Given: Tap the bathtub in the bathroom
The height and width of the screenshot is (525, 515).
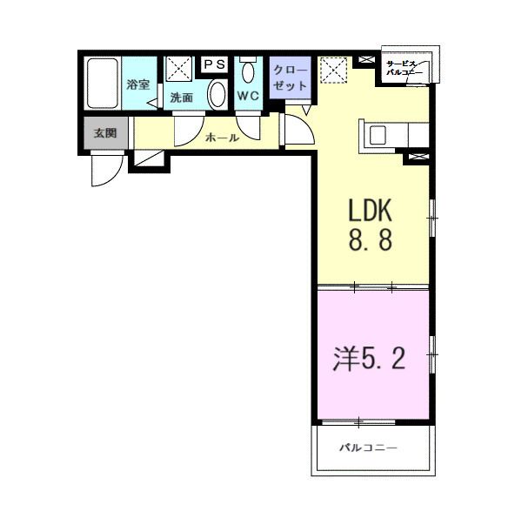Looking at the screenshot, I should point(103,83).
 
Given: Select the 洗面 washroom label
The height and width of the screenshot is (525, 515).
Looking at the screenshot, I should point(182,98).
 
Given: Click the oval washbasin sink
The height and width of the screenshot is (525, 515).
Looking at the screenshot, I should point(217,96).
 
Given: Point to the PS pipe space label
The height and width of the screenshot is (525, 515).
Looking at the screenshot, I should point(214,64).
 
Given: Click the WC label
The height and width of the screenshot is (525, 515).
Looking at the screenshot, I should point(248,97).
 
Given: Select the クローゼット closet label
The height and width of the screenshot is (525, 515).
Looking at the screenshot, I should point(290,78).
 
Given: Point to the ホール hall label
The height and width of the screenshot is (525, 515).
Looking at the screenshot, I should point(222,137).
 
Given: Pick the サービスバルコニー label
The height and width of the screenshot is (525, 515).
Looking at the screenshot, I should point(405,70).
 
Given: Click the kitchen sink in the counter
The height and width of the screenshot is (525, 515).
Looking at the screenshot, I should point(378,135).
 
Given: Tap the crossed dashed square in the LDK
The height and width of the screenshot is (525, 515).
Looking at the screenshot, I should point(331,71).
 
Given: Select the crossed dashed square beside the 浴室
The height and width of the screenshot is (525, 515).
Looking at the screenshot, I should point(180,68).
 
